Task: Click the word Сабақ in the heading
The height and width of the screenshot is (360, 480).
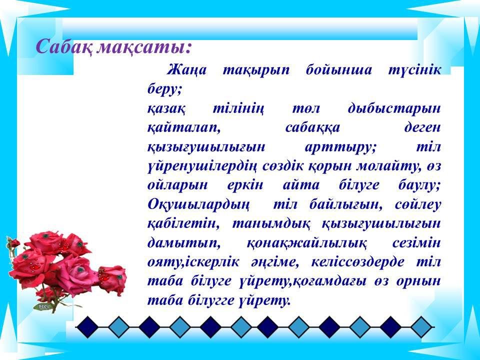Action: click(63, 47)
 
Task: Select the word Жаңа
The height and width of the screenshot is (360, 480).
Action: click(186, 70)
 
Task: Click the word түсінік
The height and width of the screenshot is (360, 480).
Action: click(415, 70)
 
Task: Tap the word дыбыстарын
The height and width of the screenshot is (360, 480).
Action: click(394, 108)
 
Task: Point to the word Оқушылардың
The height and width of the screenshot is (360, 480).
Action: click(198, 205)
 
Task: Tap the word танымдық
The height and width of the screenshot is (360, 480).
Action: click(271, 224)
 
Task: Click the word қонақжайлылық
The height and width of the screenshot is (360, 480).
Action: click(306, 243)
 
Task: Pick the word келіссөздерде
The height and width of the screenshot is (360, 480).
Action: click(357, 262)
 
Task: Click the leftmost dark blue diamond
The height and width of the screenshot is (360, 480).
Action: click(87, 327)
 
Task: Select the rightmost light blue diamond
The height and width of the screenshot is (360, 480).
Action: click(421, 327)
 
